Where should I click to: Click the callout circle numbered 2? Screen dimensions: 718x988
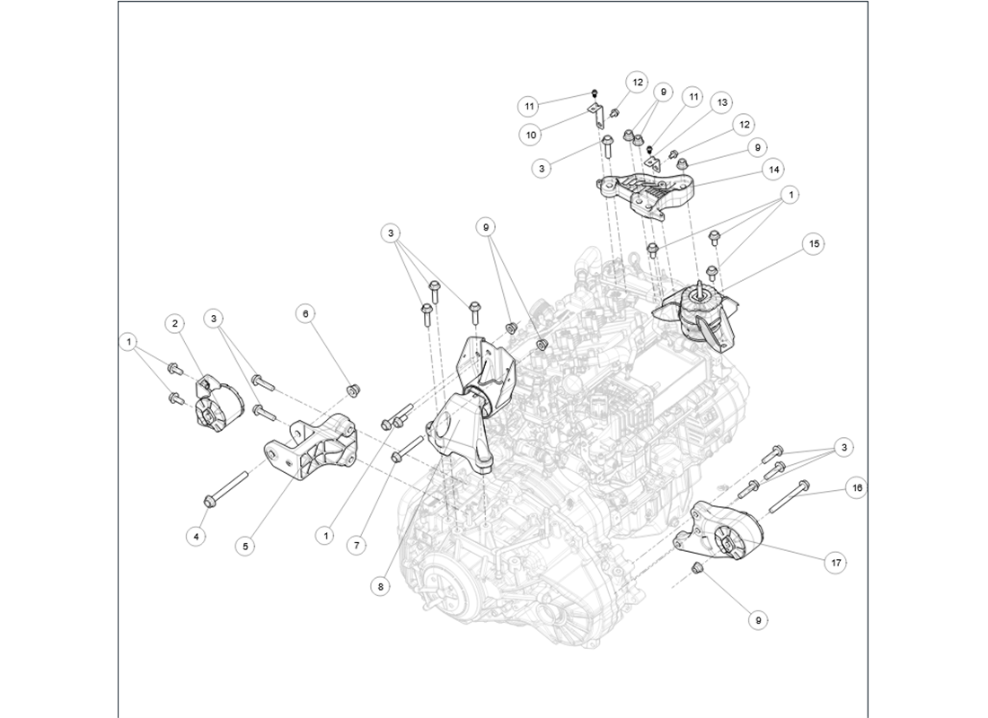point(174,323)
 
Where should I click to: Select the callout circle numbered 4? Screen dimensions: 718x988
point(194,537)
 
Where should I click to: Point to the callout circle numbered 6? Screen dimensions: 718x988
point(305,313)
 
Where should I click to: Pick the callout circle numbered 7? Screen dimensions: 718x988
point(357,544)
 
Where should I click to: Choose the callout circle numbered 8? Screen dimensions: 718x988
point(381,585)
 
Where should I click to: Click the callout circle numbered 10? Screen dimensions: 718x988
point(532,135)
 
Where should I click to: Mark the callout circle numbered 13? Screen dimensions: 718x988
point(721,104)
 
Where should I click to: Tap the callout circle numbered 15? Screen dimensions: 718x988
point(814,243)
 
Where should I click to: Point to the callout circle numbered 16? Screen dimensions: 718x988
point(857,488)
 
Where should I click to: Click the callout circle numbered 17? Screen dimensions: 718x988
point(836,562)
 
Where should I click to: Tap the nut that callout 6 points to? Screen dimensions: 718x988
point(353,390)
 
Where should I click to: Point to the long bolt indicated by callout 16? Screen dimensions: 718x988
point(789,494)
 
